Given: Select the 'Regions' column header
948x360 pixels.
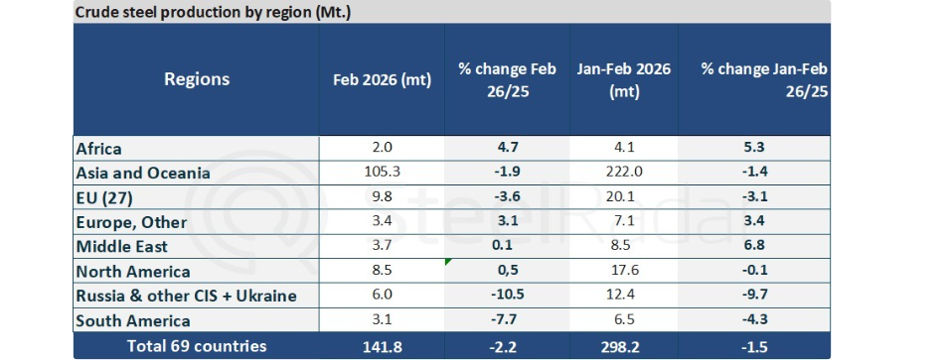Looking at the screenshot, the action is coord(197,79).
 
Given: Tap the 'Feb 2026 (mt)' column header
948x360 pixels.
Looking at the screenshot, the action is coord(382,80).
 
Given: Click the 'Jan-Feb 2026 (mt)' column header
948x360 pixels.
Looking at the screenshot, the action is coord(624,80).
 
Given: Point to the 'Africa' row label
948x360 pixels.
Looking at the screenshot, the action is coord(99,148).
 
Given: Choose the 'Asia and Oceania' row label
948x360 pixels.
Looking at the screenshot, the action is coord(143,173).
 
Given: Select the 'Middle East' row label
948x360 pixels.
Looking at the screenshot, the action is coord(122,247).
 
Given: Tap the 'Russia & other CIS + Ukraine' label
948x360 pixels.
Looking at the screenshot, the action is coord(186,296).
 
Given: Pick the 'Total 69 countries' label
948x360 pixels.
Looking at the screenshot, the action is coord(196,346).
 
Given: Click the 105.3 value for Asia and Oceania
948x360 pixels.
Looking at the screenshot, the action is coord(382,173).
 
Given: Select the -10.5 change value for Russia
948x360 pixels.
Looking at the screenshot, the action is coord(507,296).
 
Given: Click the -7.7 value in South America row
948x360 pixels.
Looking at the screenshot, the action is coord(507,321).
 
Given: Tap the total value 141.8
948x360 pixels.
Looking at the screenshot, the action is coord(382,347).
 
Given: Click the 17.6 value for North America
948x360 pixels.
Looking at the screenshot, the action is coord(626,272).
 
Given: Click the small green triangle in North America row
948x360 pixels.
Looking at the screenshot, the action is coord(447,261).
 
